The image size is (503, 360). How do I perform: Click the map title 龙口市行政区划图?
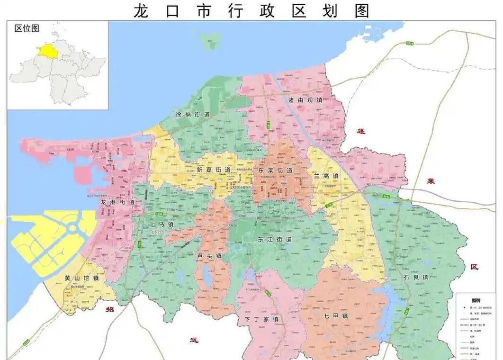[251, 10]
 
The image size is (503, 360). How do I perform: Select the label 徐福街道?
[192, 115]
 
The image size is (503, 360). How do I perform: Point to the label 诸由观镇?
[305, 100]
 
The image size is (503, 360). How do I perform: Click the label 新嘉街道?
[214, 170]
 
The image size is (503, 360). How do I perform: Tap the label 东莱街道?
[276, 170]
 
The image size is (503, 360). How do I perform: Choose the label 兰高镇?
[326, 176]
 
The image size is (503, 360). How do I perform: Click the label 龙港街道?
[117, 202]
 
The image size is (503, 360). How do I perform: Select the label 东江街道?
[275, 239]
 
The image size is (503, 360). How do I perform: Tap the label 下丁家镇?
[261, 319]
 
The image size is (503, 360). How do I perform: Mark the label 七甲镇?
[336, 316]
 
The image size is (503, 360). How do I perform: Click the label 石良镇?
[416, 277]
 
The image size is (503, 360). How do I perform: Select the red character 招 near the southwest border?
[110, 308]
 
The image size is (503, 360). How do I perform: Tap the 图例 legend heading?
[476, 301]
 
